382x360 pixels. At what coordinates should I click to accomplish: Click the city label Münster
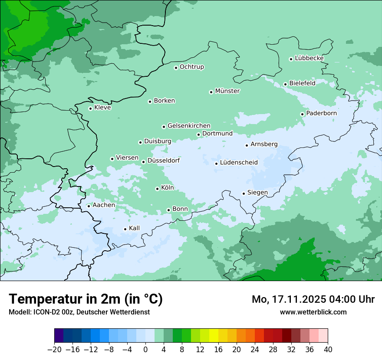[x=227, y=91]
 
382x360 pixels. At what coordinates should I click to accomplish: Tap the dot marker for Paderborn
[x=302, y=114]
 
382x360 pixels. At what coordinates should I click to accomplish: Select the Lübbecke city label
[x=309, y=58]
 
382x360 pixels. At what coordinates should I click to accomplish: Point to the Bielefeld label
[x=302, y=83]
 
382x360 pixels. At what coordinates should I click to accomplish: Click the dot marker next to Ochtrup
[x=176, y=68]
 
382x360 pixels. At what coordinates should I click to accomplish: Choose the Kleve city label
[x=102, y=108]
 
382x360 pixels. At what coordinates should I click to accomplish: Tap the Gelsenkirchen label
[x=189, y=126]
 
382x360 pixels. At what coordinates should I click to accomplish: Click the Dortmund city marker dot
[x=198, y=134]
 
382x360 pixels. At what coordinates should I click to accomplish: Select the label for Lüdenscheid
[x=239, y=163]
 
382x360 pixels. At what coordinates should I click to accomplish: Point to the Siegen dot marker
[x=244, y=193]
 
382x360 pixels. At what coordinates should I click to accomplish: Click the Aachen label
[x=104, y=205]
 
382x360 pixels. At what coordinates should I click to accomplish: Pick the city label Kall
[x=134, y=228]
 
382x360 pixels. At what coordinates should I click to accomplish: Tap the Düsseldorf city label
[x=164, y=160]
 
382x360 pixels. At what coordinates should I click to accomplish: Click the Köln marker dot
[x=157, y=189]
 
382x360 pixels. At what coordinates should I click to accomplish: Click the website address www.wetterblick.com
[x=313, y=312]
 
